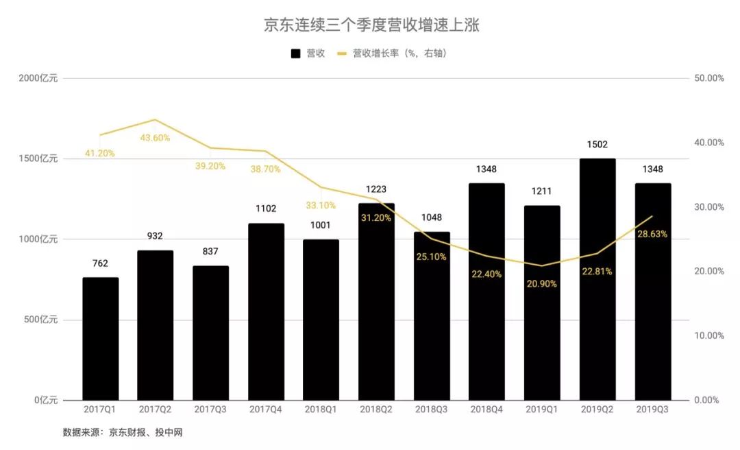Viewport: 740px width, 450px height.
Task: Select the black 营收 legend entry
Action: click(308, 53)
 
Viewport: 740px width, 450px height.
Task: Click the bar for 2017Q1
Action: click(100, 339)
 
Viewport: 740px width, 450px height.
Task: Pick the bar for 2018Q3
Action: click(432, 316)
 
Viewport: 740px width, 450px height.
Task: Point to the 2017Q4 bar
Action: click(266, 312)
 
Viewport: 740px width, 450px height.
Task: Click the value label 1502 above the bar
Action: click(597, 145)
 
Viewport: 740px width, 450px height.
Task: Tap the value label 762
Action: click(100, 263)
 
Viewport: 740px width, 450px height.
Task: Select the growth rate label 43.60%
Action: click(155, 138)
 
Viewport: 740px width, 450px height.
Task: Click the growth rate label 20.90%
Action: click(541, 284)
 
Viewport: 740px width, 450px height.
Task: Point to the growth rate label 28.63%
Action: click(652, 234)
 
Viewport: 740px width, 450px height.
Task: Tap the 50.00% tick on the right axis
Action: click(709, 78)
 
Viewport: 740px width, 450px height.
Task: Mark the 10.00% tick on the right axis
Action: click(709, 335)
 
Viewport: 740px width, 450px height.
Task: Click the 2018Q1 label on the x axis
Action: click(321, 410)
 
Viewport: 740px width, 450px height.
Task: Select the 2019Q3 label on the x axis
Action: click(652, 410)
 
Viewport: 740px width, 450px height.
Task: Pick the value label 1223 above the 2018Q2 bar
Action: click(376, 189)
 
